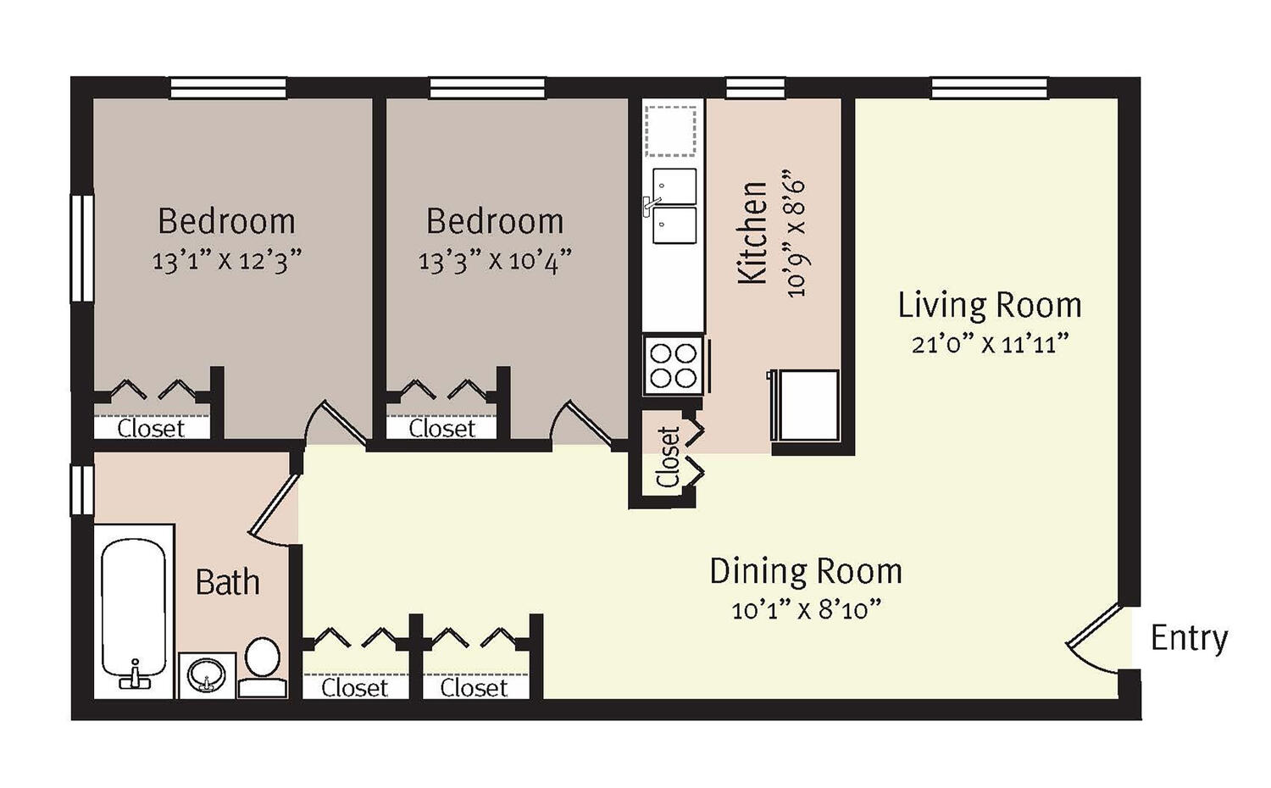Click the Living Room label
[990, 305]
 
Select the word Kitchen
[752, 233]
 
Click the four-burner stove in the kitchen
[674, 365]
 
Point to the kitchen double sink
[674, 206]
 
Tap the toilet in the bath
[262, 668]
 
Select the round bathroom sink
[207, 675]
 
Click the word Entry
[1190, 640]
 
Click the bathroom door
[274, 506]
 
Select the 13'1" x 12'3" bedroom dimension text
[226, 261]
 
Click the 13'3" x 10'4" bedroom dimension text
[495, 261]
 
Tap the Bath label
[228, 582]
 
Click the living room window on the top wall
[990, 88]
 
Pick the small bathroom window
[81, 490]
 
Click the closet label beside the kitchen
[668, 458]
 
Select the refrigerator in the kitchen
[803, 405]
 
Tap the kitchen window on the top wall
[755, 88]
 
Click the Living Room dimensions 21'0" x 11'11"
[991, 344]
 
